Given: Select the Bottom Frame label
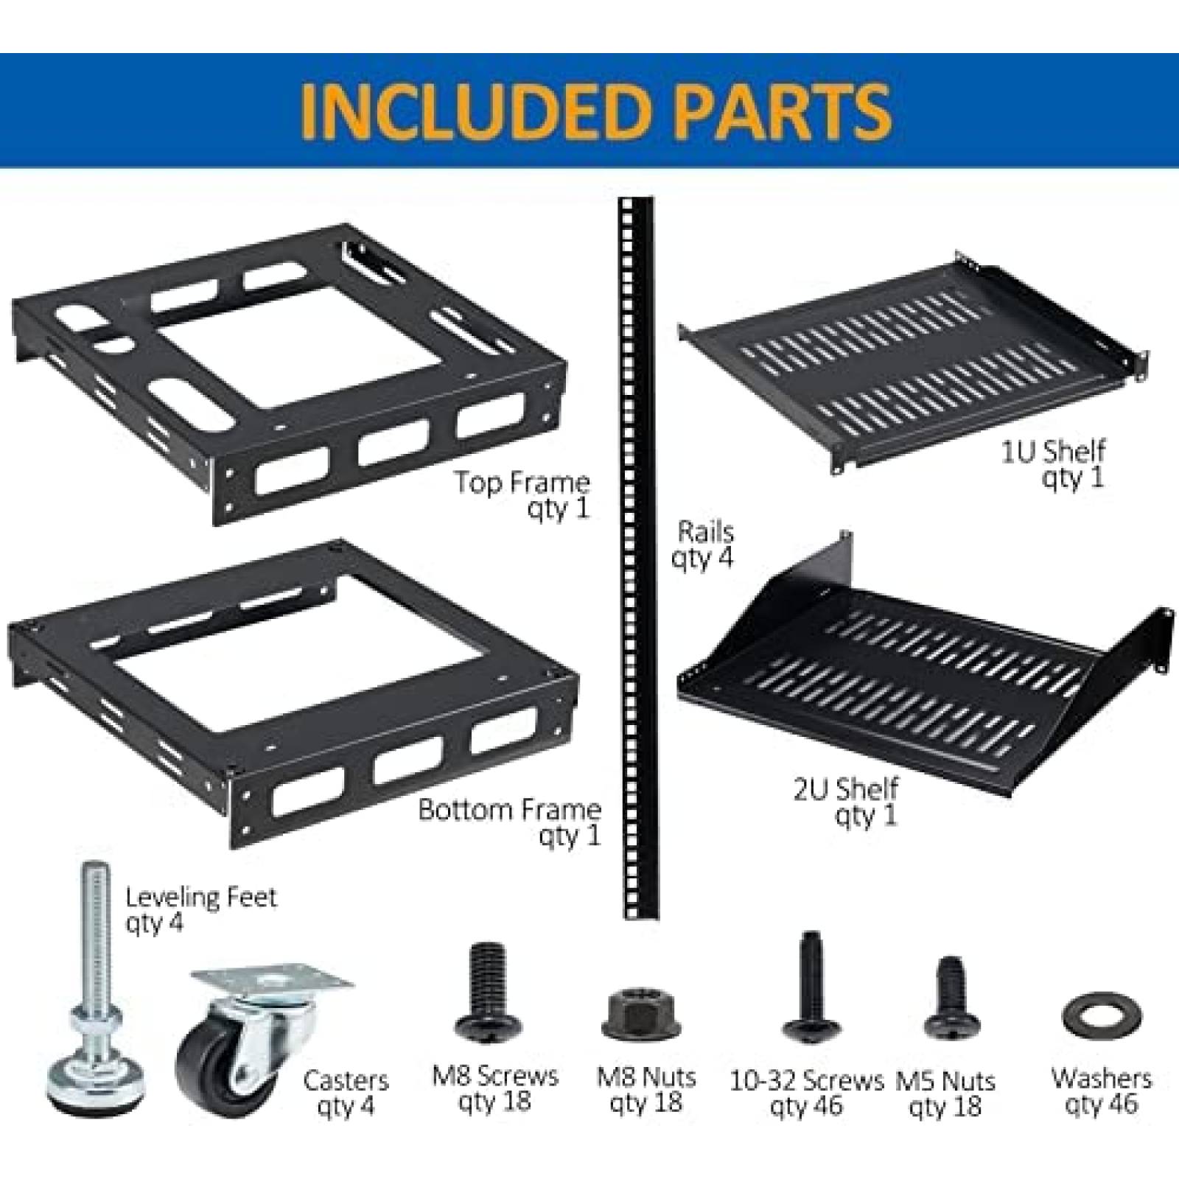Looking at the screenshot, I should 511,822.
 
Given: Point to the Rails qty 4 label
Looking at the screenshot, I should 704,545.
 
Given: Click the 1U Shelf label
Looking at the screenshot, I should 1054,464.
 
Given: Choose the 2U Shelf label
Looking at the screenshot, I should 847,802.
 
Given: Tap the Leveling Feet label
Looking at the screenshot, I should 200,909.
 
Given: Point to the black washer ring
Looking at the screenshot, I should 1102,1018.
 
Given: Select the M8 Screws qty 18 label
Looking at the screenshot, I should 495,1089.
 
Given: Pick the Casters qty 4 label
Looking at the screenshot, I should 346,1093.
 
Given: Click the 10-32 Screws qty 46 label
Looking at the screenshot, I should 806,1094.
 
